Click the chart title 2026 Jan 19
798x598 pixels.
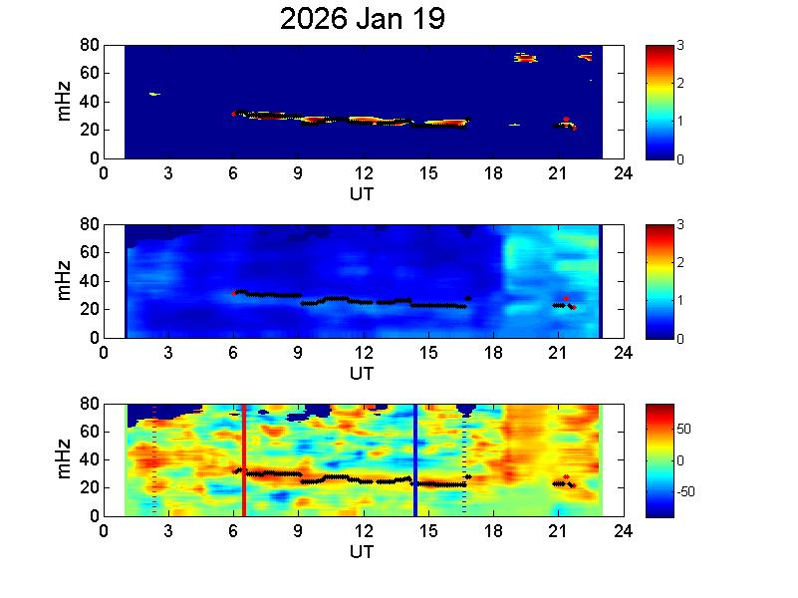click(x=362, y=19)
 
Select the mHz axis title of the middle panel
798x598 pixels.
click(x=64, y=281)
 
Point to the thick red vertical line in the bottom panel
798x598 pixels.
click(x=243, y=460)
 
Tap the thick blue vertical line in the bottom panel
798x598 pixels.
click(x=414, y=460)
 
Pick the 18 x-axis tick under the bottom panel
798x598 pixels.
click(x=493, y=530)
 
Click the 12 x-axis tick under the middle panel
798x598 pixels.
click(x=364, y=351)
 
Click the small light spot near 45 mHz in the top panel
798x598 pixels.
click(x=154, y=94)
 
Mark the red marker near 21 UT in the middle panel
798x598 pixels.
click(x=566, y=299)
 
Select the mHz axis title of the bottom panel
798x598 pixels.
click(x=64, y=459)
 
